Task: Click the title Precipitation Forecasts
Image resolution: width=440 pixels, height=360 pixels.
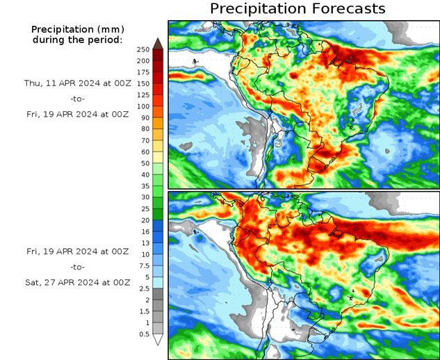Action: pos(297,9)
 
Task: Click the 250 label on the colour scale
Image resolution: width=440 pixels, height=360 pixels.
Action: pos(143,49)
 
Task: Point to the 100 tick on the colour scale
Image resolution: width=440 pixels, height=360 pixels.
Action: pos(143,106)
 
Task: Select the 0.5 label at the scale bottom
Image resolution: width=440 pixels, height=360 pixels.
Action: pos(143,334)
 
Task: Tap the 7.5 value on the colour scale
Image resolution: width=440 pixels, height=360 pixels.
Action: pos(143,265)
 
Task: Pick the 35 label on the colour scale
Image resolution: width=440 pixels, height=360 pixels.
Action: pos(143,186)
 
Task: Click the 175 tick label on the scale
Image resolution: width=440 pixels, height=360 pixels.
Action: pos(143,72)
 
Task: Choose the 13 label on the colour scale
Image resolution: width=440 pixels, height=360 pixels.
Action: pos(143,243)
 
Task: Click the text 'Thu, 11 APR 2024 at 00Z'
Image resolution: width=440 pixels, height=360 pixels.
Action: pos(77,83)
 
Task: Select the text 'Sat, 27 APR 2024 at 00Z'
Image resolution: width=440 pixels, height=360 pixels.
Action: pos(77,283)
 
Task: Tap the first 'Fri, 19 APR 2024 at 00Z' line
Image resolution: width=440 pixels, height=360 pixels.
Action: pos(77,115)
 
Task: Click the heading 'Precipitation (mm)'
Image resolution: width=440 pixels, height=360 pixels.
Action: pos(77,29)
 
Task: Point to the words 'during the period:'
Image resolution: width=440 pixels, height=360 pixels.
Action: pos(77,40)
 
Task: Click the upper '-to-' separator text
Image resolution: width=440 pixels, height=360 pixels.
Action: pos(77,99)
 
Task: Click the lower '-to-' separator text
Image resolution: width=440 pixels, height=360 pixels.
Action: pos(77,267)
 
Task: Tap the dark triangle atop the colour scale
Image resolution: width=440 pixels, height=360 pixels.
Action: pos(157,43)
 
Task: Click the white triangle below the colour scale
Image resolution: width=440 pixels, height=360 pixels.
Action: pos(157,340)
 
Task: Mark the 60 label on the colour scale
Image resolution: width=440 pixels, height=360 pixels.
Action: pos(143,152)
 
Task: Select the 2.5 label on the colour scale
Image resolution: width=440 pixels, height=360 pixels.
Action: pos(143,288)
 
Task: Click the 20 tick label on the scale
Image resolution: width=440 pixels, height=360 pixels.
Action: pos(143,220)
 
